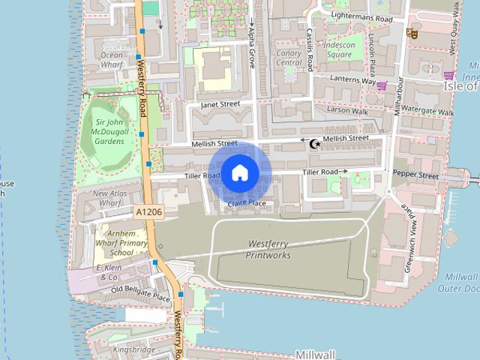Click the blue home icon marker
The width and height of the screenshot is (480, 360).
(239, 172)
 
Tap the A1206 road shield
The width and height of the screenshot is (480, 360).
(149, 213)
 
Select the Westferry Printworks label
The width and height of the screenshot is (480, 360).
(268, 250)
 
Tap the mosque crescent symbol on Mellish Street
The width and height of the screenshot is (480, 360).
(315, 142)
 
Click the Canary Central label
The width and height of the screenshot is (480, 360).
(289, 58)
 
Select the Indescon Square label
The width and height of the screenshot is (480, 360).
(340, 49)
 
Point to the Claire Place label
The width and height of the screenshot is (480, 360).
(247, 203)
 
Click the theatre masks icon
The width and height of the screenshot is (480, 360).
(411, 33)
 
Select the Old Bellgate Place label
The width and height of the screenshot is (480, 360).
(140, 294)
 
